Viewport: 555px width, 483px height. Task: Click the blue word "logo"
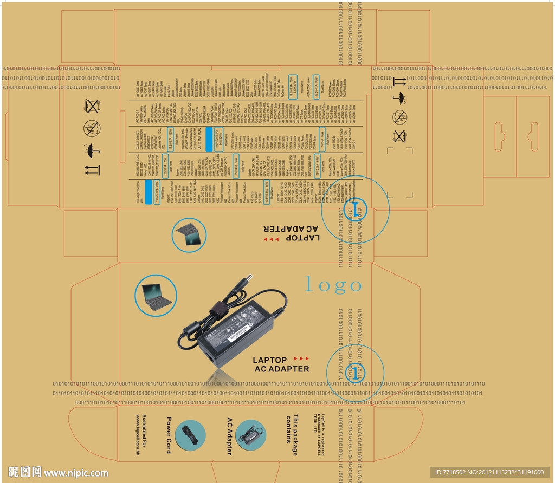332,284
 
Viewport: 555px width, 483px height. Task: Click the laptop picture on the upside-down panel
190,233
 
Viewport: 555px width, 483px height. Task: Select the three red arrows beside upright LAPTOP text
301,358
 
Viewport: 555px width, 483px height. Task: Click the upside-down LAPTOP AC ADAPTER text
291,233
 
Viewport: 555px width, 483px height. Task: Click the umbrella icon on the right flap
401,98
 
